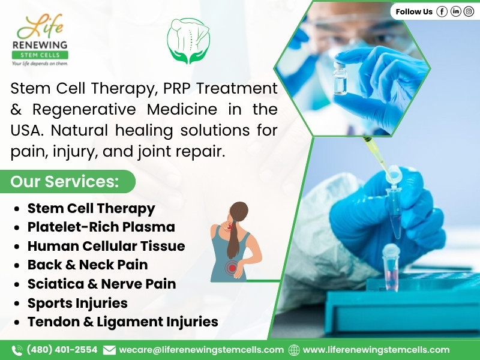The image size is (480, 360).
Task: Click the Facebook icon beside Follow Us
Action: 442,11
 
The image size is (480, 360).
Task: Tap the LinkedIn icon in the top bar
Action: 455,11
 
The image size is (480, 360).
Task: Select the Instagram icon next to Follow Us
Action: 469,11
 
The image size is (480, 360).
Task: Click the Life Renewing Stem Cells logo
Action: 40,40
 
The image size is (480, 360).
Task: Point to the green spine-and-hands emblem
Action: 188,40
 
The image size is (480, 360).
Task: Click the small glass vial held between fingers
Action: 340,78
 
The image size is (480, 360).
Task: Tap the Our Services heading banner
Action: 67,181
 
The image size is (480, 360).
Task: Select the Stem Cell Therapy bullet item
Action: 91,208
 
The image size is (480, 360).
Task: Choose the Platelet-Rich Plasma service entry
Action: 101,227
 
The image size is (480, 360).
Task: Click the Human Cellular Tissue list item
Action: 106,246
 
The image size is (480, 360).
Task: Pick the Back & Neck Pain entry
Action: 88,265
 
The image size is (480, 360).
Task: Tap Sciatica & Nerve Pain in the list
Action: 101,284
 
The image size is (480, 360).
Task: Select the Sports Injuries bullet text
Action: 77,303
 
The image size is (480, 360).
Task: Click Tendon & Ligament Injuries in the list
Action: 123,322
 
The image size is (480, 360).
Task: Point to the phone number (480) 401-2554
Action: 62,350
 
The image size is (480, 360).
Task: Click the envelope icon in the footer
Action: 109,350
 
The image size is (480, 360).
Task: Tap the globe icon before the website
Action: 294,350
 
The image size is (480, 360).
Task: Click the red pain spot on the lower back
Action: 232,268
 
